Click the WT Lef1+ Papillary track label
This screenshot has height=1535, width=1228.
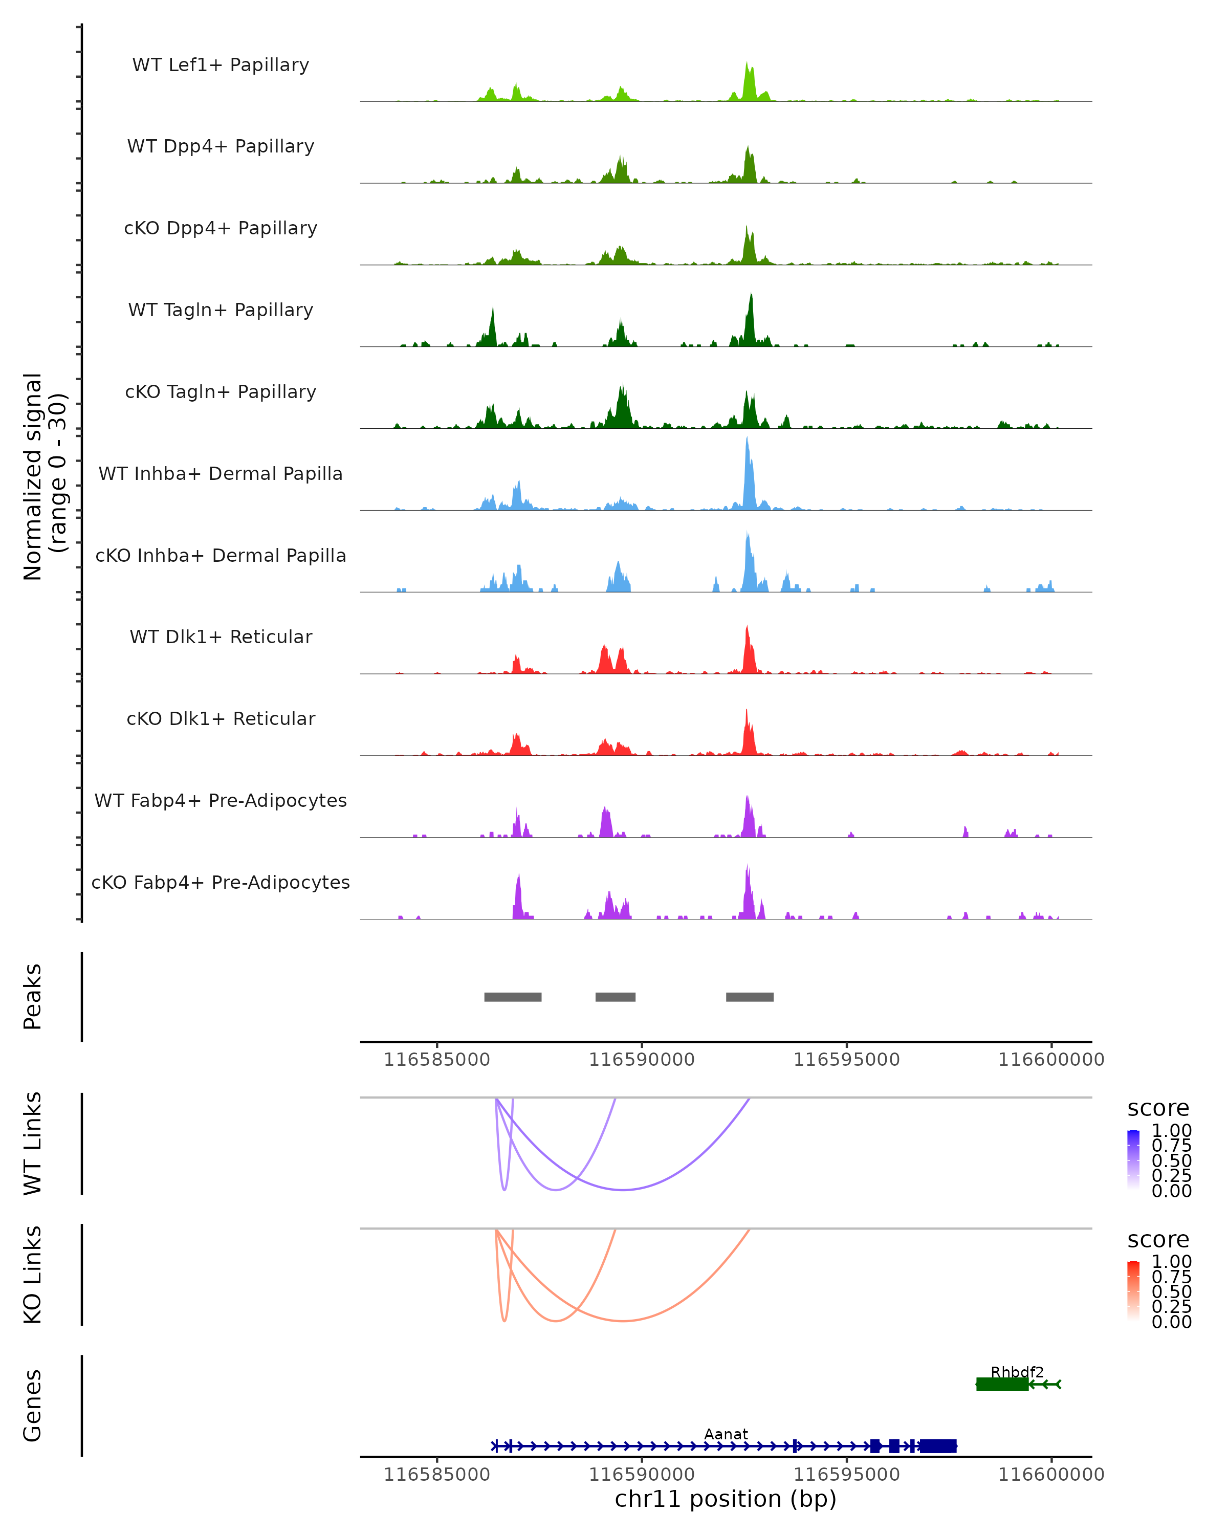[x=221, y=65]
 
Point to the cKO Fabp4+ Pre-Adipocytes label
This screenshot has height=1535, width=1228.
[x=221, y=882]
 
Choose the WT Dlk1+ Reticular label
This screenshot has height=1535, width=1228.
[x=221, y=637]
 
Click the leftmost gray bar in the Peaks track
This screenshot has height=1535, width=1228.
[x=513, y=997]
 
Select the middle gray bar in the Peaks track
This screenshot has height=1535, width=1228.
[x=615, y=997]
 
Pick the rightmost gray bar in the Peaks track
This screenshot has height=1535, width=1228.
[x=750, y=997]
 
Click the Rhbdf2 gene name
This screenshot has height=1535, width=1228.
[x=1017, y=1372]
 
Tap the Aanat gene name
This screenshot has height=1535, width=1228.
[x=726, y=1434]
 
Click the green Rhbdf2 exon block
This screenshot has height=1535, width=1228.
[x=1002, y=1384]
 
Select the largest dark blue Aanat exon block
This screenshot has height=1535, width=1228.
[x=937, y=1446]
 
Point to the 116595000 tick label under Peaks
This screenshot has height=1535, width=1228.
[x=846, y=1060]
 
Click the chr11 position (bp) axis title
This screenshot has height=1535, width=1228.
[x=726, y=1499]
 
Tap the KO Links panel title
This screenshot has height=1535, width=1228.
[x=33, y=1275]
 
